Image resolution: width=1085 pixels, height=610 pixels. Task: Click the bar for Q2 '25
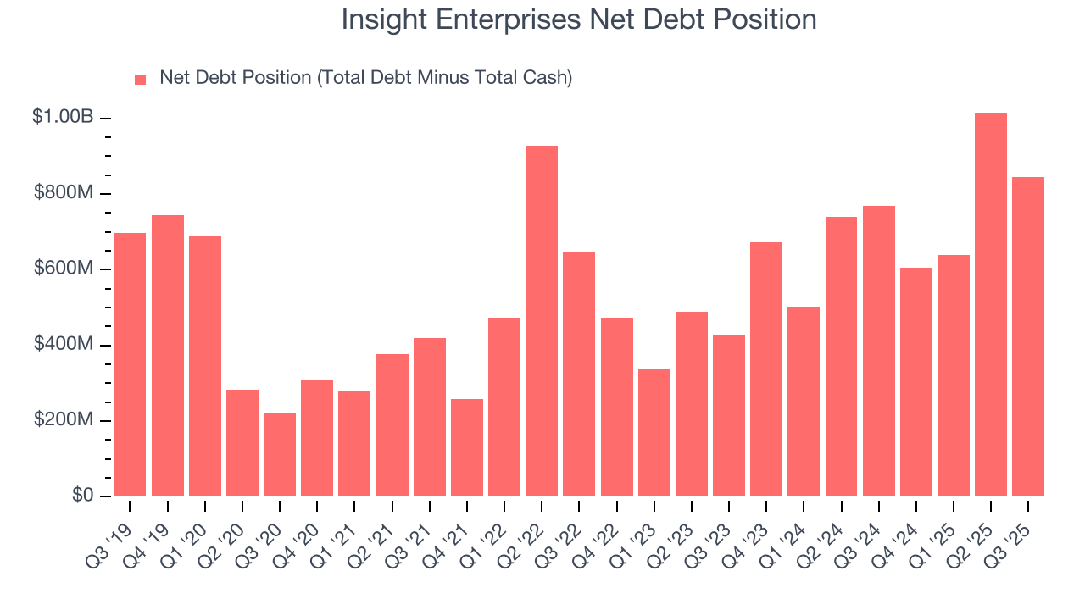[x=990, y=305]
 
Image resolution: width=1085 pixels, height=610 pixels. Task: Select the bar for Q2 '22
[x=542, y=321]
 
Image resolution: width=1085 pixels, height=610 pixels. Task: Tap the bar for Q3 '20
[x=280, y=455]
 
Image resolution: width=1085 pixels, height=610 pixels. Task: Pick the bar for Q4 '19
[x=168, y=356]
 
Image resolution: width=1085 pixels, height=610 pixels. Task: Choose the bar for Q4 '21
[x=467, y=447]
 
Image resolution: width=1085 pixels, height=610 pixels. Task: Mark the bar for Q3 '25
[x=1028, y=336]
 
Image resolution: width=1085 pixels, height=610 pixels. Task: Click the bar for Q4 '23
[x=766, y=369]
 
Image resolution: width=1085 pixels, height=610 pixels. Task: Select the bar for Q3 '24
[x=879, y=351]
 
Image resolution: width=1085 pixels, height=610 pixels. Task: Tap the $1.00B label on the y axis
[x=63, y=118]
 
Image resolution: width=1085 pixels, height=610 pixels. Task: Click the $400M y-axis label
[x=64, y=345]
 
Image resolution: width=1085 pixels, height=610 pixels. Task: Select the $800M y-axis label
[x=64, y=193]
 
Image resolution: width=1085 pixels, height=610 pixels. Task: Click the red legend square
[x=141, y=79]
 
